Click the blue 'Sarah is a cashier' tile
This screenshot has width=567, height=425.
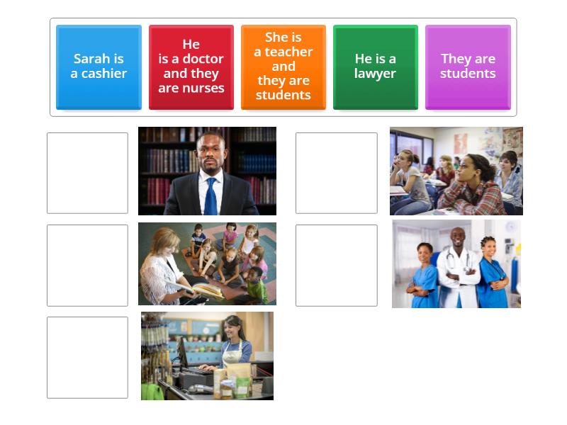point(99,67)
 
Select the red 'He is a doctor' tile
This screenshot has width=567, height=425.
point(191,67)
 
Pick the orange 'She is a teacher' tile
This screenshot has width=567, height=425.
point(283,67)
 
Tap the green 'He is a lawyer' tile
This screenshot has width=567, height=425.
point(375,67)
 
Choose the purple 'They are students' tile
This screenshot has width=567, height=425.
point(468,67)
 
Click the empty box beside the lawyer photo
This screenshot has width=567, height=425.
point(87,173)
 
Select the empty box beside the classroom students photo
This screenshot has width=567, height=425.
point(336,173)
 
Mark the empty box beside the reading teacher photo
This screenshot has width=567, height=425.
point(87,265)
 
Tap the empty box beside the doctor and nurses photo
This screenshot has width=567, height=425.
point(336,265)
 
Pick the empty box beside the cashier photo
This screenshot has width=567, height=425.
point(87,357)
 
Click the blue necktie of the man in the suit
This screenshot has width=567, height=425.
point(210,195)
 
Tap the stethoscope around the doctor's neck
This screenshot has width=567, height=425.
point(457,259)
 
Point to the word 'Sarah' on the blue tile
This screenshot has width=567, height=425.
point(89,59)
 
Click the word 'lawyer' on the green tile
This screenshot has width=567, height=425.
point(375,74)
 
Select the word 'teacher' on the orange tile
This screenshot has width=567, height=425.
point(291,52)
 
